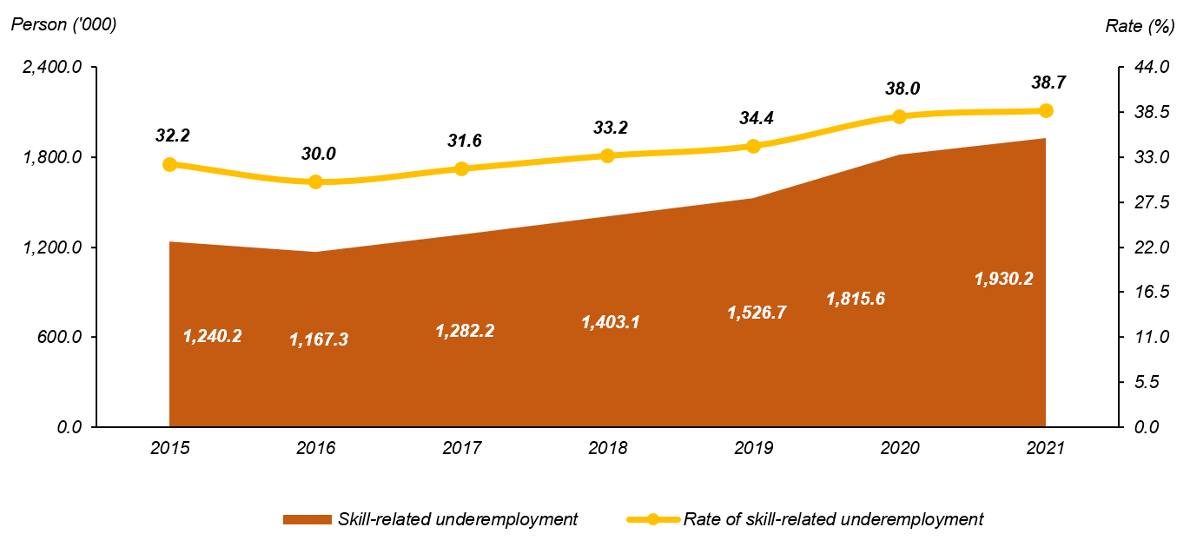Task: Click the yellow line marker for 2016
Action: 315,181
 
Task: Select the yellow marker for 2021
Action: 1046,110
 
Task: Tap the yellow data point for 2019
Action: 753,146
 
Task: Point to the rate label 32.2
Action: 173,135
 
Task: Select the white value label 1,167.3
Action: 319,339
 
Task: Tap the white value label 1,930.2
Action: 1004,279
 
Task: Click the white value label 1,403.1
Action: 611,322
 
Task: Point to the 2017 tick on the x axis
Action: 461,449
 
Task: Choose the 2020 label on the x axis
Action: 899,449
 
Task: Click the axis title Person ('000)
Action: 63,24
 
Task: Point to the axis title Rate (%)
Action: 1140,26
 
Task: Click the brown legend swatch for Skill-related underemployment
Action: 307,519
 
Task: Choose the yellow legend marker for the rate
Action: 652,519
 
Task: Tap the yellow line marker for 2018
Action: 607,155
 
